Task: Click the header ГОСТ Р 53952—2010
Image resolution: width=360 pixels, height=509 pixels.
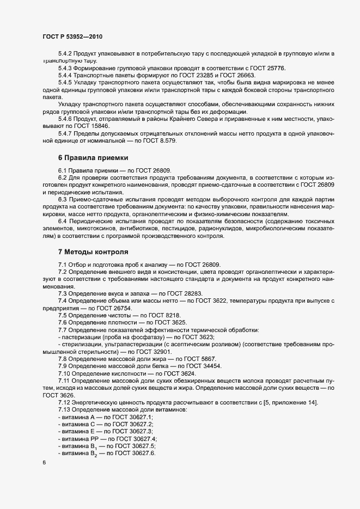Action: click(72, 36)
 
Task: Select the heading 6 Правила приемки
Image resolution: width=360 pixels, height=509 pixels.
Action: click(93, 158)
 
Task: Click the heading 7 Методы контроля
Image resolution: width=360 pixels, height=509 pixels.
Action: click(93, 252)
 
